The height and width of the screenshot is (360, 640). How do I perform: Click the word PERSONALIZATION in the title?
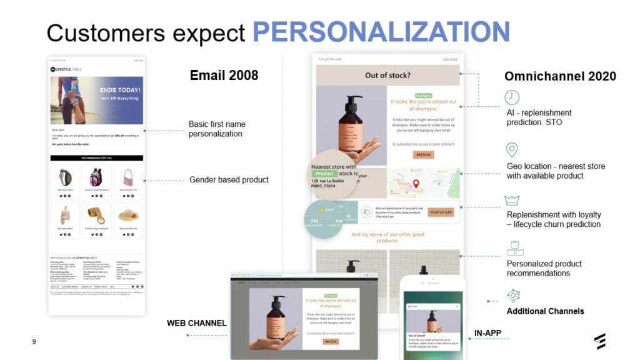point(381,31)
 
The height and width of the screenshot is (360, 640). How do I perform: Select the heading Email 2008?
point(224,76)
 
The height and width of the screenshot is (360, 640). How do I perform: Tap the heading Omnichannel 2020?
point(560,76)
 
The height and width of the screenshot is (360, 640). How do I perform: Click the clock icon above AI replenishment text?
point(512,97)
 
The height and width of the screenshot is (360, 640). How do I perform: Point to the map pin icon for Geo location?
point(512,150)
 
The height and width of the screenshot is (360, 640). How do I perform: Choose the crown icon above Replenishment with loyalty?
point(512,200)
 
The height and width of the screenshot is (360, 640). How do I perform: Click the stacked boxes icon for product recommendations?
point(515,248)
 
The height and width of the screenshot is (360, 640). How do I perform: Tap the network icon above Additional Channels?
point(514,296)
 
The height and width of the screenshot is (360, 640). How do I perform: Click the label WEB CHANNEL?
point(196,323)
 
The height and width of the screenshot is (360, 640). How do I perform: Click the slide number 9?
point(34,342)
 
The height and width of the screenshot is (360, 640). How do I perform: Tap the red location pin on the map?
point(416,184)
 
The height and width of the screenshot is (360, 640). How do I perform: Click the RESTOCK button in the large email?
point(424,154)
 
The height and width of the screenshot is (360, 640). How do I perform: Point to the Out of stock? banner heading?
point(387,76)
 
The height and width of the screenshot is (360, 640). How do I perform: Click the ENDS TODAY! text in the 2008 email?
point(120,90)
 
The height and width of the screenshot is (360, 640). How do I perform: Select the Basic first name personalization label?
point(216,129)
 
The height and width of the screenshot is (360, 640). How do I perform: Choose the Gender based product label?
point(229,180)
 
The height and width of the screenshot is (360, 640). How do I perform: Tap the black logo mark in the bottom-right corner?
point(600,341)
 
